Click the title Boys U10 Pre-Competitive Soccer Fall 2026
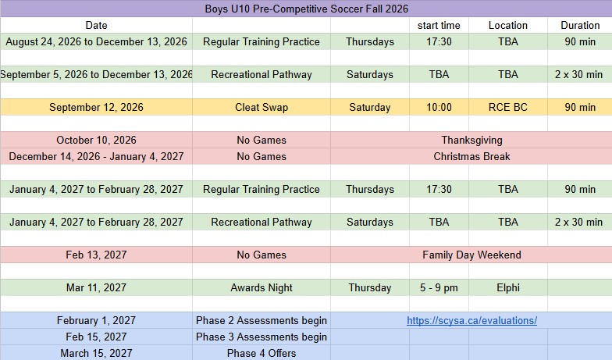coord(306,9)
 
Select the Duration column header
coord(580,25)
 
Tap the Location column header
coord(507,25)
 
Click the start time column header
coord(439,25)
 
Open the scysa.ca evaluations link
coord(471,320)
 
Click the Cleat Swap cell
coord(262,108)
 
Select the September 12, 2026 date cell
coord(97,108)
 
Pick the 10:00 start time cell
coord(439,108)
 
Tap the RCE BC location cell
coord(507,108)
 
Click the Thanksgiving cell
coord(471,141)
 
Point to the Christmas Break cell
coord(471,156)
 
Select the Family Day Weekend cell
coord(471,255)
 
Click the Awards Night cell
coord(262,287)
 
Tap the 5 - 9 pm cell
coord(439,287)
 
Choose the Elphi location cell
coord(507,287)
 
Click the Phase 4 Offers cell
coord(262,353)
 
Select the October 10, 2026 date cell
coord(97,141)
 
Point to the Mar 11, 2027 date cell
coord(97,287)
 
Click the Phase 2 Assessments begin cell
coord(262,320)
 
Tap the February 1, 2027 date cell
coord(97,320)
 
